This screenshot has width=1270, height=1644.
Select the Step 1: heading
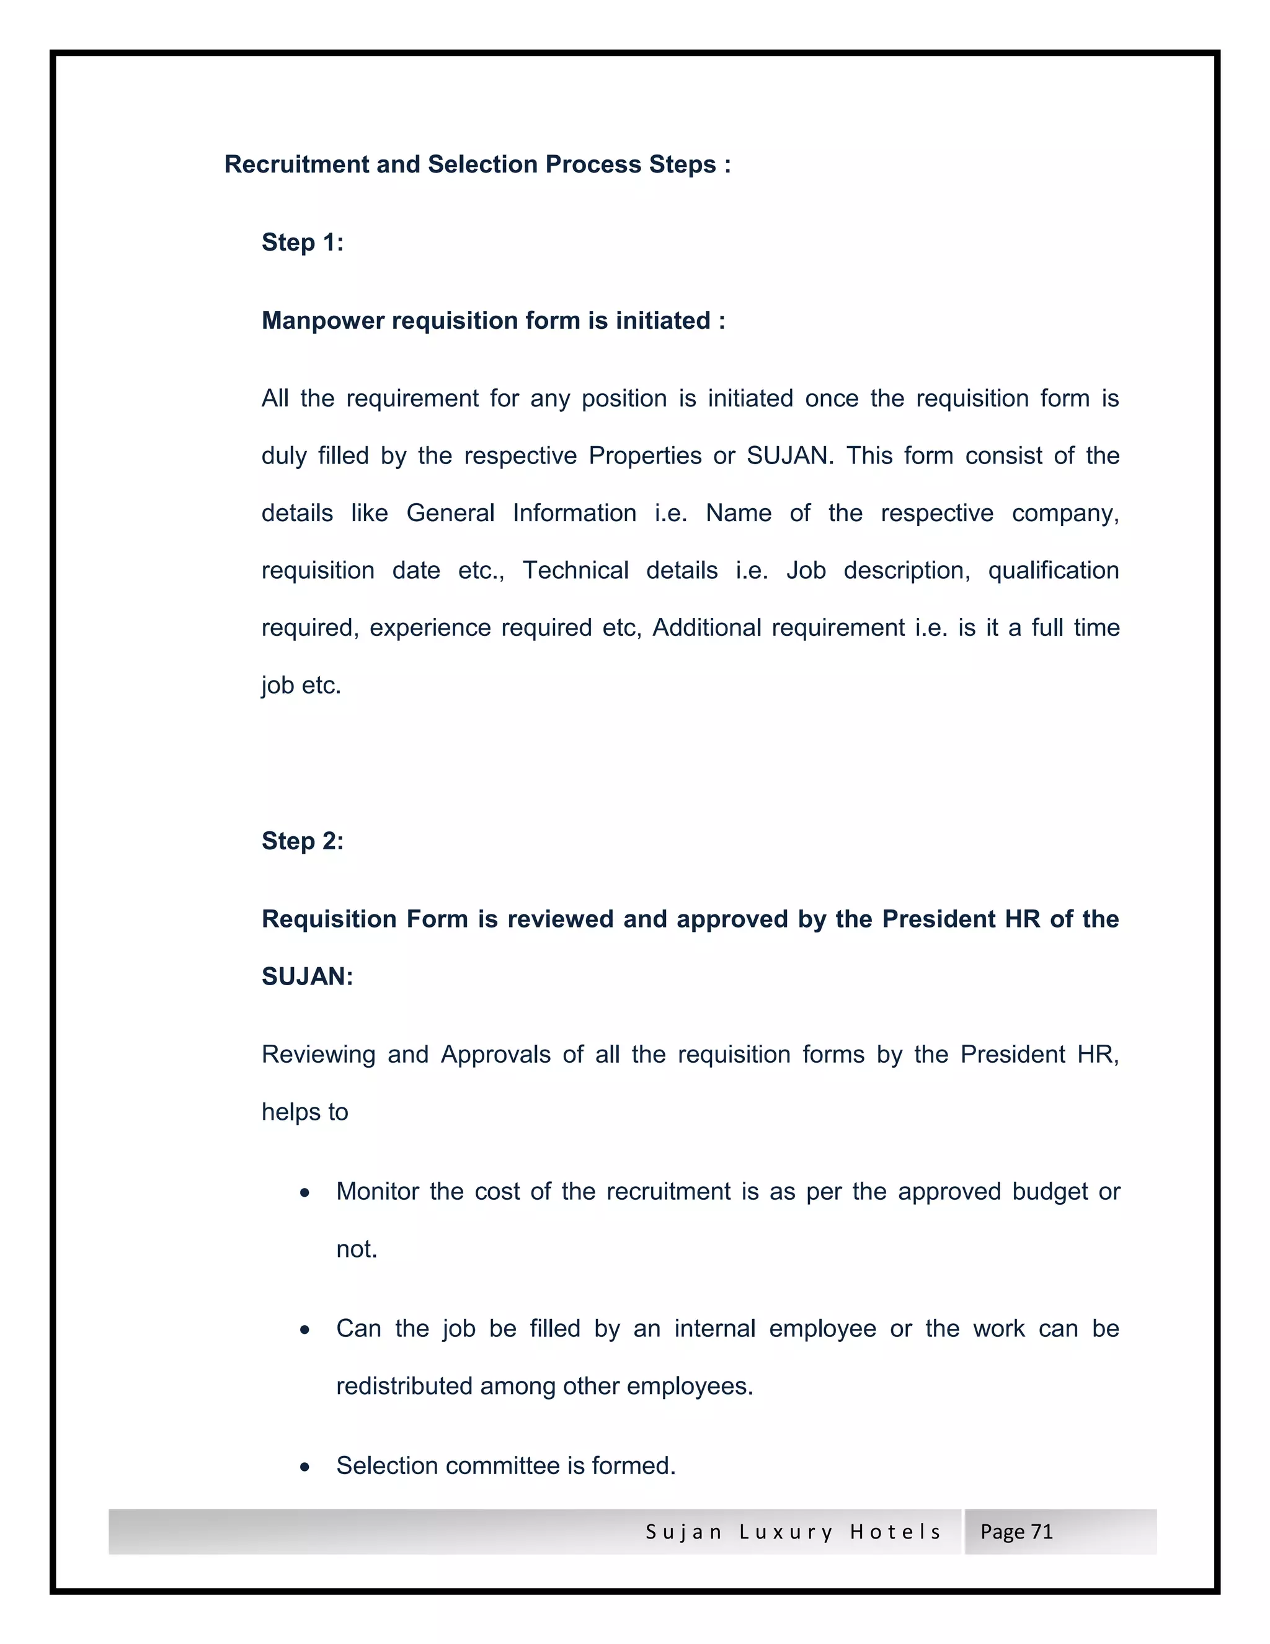[x=303, y=243]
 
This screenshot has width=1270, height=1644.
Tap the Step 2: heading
[x=303, y=841]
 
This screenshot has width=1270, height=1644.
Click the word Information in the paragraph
[x=574, y=514]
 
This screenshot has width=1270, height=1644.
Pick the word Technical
[x=575, y=571]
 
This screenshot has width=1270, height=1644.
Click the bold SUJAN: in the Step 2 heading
[x=307, y=976]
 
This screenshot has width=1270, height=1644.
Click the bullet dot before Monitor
[x=304, y=1193]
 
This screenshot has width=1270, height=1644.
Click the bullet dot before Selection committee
[x=304, y=1467]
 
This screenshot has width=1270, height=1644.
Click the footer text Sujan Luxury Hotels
[x=793, y=1532]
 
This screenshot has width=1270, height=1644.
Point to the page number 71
[x=1041, y=1532]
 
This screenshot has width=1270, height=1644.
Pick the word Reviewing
[x=318, y=1055]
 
